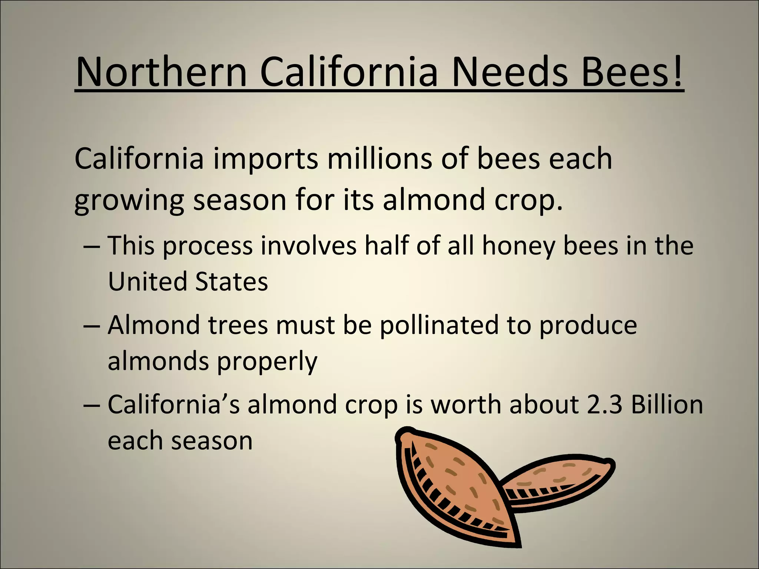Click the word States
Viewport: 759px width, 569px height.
point(231,282)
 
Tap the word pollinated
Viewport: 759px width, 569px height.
point(439,325)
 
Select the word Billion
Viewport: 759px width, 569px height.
point(667,405)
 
